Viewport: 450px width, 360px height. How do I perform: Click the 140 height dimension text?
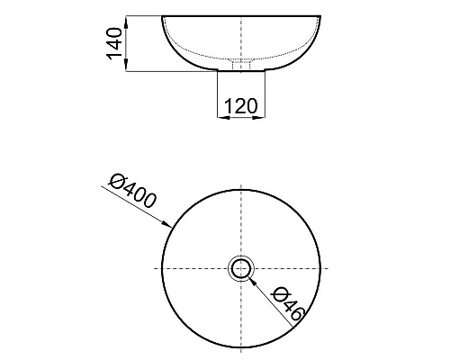(114, 43)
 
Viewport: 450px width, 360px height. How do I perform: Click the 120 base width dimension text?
(241, 105)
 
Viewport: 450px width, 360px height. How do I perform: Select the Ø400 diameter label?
(133, 191)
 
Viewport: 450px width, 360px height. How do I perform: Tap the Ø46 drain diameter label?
(287, 304)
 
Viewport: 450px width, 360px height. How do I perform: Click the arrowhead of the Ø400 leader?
(167, 224)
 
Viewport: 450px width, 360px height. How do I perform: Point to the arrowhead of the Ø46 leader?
(253, 282)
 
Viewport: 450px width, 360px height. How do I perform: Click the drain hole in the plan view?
(241, 268)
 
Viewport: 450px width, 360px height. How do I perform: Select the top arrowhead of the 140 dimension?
(126, 22)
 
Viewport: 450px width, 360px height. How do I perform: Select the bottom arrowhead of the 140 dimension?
(126, 65)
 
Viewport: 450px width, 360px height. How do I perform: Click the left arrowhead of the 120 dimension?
(223, 118)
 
